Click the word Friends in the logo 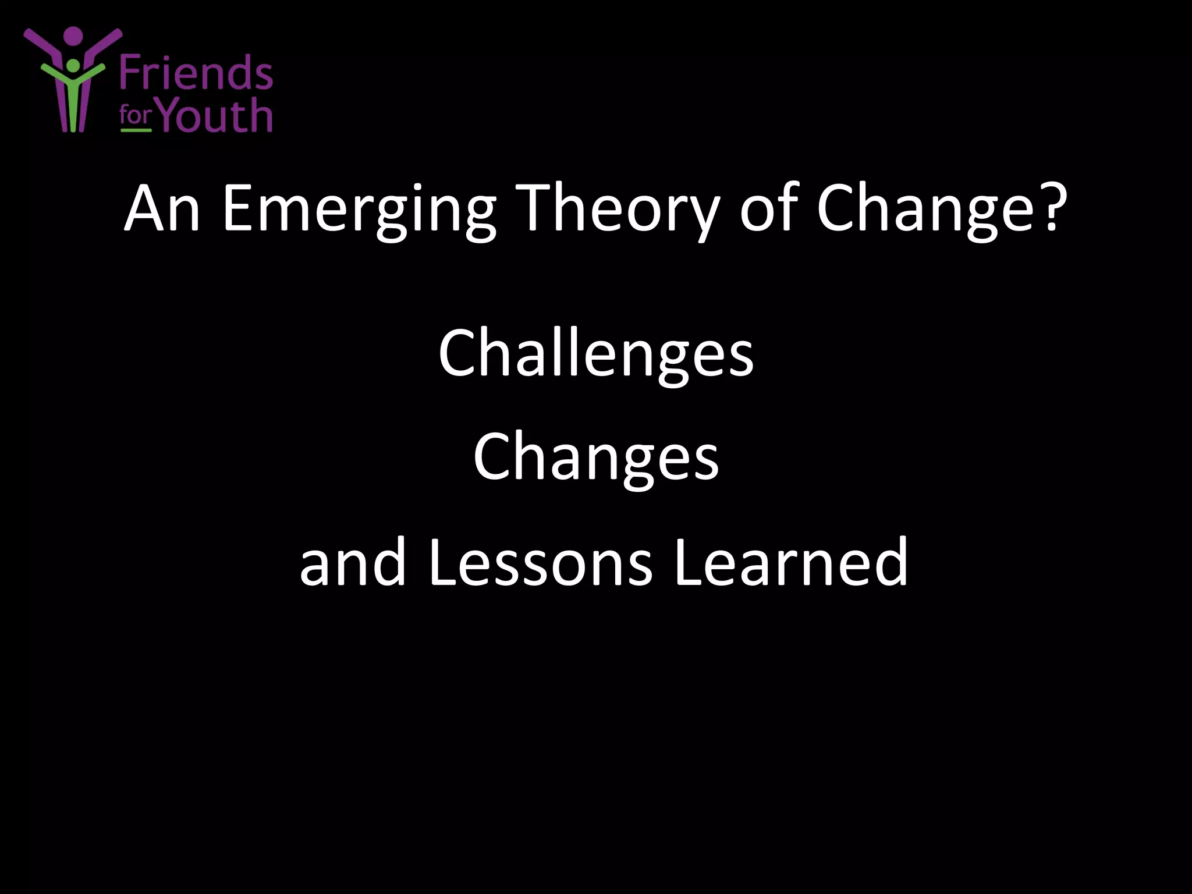click(196, 73)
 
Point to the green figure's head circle click(73, 65)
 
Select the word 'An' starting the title click(162, 208)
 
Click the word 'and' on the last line click(353, 562)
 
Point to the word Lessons click(541, 562)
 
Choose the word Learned click(790, 562)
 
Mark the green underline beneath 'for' click(136, 130)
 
